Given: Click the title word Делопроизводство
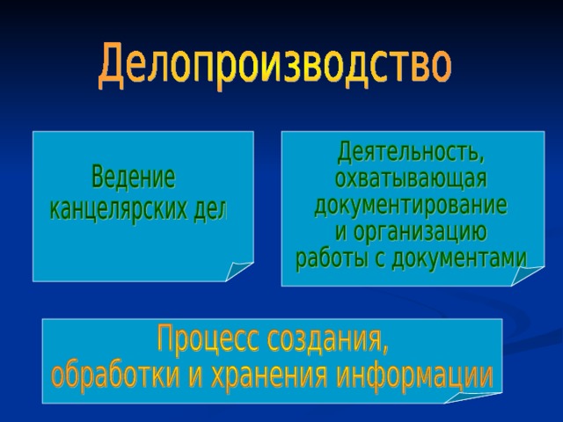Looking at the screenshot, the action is [x=274, y=66].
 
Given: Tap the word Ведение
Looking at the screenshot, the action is [x=133, y=177].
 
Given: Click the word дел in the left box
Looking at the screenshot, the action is [x=211, y=209].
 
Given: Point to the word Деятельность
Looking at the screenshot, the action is [x=408, y=152].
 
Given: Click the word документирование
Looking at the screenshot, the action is [x=411, y=205].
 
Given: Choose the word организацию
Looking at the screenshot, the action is [x=420, y=233].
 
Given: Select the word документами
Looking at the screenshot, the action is [x=459, y=258].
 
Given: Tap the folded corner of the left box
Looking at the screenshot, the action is [x=238, y=271].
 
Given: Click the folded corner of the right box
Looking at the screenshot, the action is [x=526, y=275].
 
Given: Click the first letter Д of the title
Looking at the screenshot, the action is [x=112, y=66].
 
